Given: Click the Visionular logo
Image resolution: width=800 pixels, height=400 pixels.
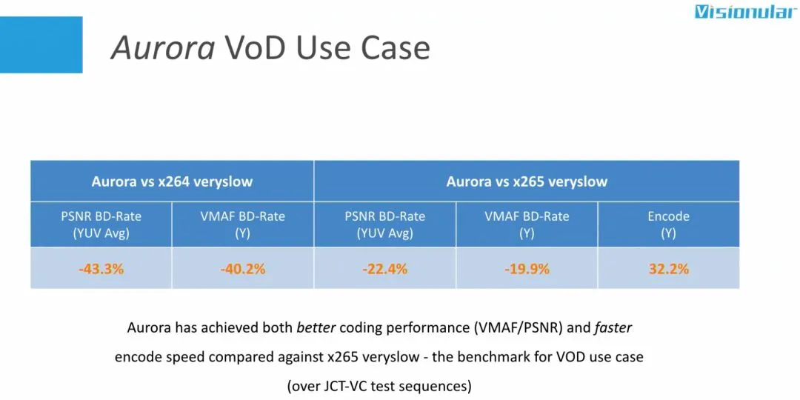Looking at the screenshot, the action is tap(747, 12).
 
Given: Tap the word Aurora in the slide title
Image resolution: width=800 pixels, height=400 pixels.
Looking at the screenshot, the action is tap(163, 48).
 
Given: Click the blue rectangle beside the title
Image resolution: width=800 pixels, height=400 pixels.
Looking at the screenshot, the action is tap(41, 45).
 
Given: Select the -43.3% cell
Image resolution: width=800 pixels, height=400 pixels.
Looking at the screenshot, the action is tap(101, 269).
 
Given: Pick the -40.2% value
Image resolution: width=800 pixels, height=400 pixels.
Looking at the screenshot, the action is tap(243, 269).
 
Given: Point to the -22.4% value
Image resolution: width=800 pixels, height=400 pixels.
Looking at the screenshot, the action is tap(384, 269).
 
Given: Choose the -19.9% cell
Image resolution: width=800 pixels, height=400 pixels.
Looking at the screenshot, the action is tap(527, 269).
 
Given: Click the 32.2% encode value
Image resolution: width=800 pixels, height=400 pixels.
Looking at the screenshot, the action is tap(669, 269).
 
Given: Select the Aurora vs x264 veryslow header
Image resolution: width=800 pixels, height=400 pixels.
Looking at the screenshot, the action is tap(172, 181).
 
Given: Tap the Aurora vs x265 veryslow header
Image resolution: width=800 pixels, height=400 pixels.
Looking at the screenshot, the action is tap(527, 181).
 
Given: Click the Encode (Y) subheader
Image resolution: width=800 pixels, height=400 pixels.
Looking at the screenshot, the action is tap(669, 224).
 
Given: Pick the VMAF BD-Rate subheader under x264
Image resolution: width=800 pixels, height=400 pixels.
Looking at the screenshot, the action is tap(243, 224).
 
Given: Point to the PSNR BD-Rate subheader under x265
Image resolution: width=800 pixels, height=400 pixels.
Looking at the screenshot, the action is tap(384, 224).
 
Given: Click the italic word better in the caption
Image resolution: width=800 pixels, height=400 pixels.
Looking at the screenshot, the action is tap(316, 327).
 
